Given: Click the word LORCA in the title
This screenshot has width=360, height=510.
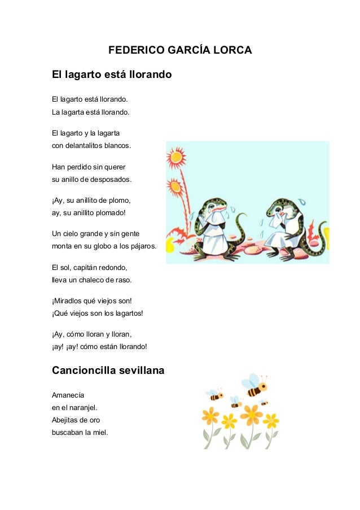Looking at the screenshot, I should (x=230, y=51).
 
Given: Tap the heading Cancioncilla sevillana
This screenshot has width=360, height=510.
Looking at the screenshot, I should (x=108, y=371).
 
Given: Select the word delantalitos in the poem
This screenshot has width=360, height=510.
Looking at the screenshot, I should (x=87, y=145).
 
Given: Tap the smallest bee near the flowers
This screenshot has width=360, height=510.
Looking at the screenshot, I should (x=264, y=403).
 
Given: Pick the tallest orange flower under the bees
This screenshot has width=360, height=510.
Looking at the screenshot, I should (x=249, y=416).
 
